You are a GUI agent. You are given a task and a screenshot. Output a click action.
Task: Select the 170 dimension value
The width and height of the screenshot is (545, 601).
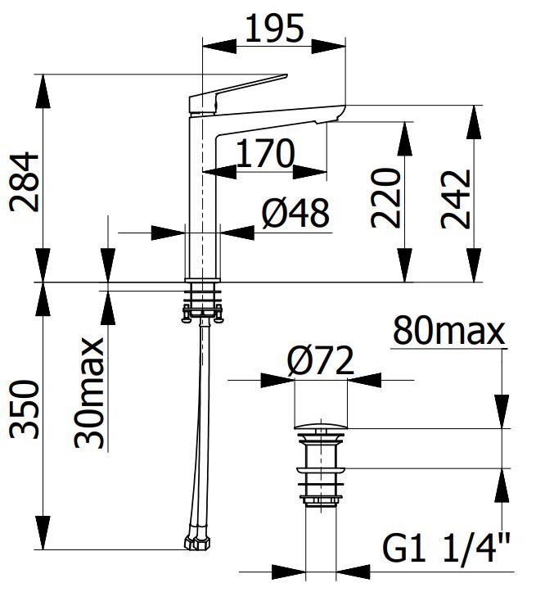264,153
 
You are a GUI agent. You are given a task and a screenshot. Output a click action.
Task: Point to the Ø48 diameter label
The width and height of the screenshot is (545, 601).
295,214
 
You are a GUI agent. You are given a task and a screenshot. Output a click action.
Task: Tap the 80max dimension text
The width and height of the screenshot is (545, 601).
448,332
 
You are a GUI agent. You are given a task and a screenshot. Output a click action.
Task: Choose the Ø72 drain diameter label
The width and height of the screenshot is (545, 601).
320,361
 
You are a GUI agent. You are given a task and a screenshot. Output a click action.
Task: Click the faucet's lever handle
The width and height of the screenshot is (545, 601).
237,90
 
